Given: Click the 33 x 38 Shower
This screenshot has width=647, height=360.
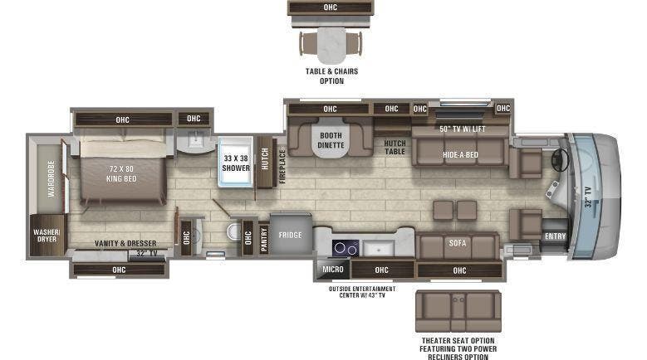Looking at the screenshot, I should pos(236,162).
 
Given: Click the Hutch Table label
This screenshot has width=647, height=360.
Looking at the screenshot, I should pos(395,147).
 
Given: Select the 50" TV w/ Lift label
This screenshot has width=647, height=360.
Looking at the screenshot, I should pos(461,129).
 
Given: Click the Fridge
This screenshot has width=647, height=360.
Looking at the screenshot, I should pos(290,235).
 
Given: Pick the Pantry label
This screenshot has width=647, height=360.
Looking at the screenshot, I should pos(264,239).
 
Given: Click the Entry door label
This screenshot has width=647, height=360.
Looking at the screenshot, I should pos(554,236).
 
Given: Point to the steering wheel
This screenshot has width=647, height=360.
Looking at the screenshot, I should pos(560,159).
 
